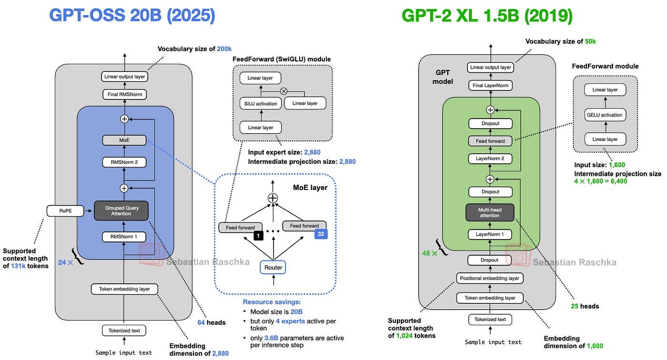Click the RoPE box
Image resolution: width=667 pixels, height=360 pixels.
point(65,210)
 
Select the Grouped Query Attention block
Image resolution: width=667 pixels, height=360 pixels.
point(121,210)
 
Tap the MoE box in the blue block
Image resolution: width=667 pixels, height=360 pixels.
point(124,140)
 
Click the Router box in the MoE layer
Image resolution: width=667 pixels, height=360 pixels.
point(273,267)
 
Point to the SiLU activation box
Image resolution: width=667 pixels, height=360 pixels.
point(261,103)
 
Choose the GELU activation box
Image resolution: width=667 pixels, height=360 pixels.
point(605,115)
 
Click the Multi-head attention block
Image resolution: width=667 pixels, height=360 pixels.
point(490,212)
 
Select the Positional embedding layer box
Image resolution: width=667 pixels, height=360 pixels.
point(490,278)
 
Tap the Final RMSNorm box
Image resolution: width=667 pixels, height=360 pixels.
point(125,94)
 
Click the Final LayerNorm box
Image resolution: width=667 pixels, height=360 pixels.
point(490,85)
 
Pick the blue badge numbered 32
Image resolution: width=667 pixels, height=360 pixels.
point(321,234)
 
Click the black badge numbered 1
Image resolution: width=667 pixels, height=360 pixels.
point(258,236)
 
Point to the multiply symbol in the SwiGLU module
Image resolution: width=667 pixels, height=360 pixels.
point(284,91)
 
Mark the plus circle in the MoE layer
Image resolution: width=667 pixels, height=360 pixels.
point(273,198)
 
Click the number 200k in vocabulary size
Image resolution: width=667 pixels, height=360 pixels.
point(224,49)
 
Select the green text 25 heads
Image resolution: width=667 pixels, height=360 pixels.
point(585,306)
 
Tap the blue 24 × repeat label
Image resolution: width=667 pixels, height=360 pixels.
point(66,262)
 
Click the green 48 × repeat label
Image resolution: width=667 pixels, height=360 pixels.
point(429,253)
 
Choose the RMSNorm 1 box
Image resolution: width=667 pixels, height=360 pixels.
point(124,237)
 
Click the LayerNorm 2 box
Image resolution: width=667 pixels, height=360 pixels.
point(490,158)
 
